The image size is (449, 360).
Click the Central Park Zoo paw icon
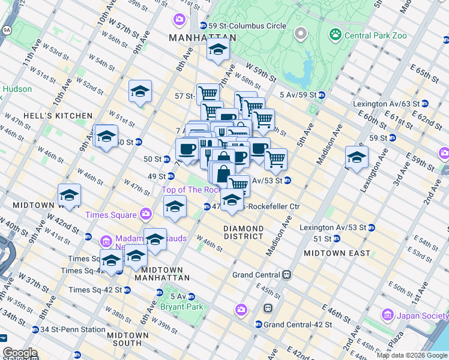click(x=335, y=35)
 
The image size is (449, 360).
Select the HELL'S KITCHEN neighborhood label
click(x=58, y=116)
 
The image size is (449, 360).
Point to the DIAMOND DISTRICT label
click(x=243, y=233)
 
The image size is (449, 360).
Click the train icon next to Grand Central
click(x=287, y=275)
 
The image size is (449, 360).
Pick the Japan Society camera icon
click(x=387, y=314)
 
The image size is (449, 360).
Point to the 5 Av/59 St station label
click(x=298, y=95)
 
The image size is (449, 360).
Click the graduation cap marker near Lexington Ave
click(x=357, y=158)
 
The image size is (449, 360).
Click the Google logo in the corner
click(x=19, y=353)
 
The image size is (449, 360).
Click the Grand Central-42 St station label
click(x=293, y=325)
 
